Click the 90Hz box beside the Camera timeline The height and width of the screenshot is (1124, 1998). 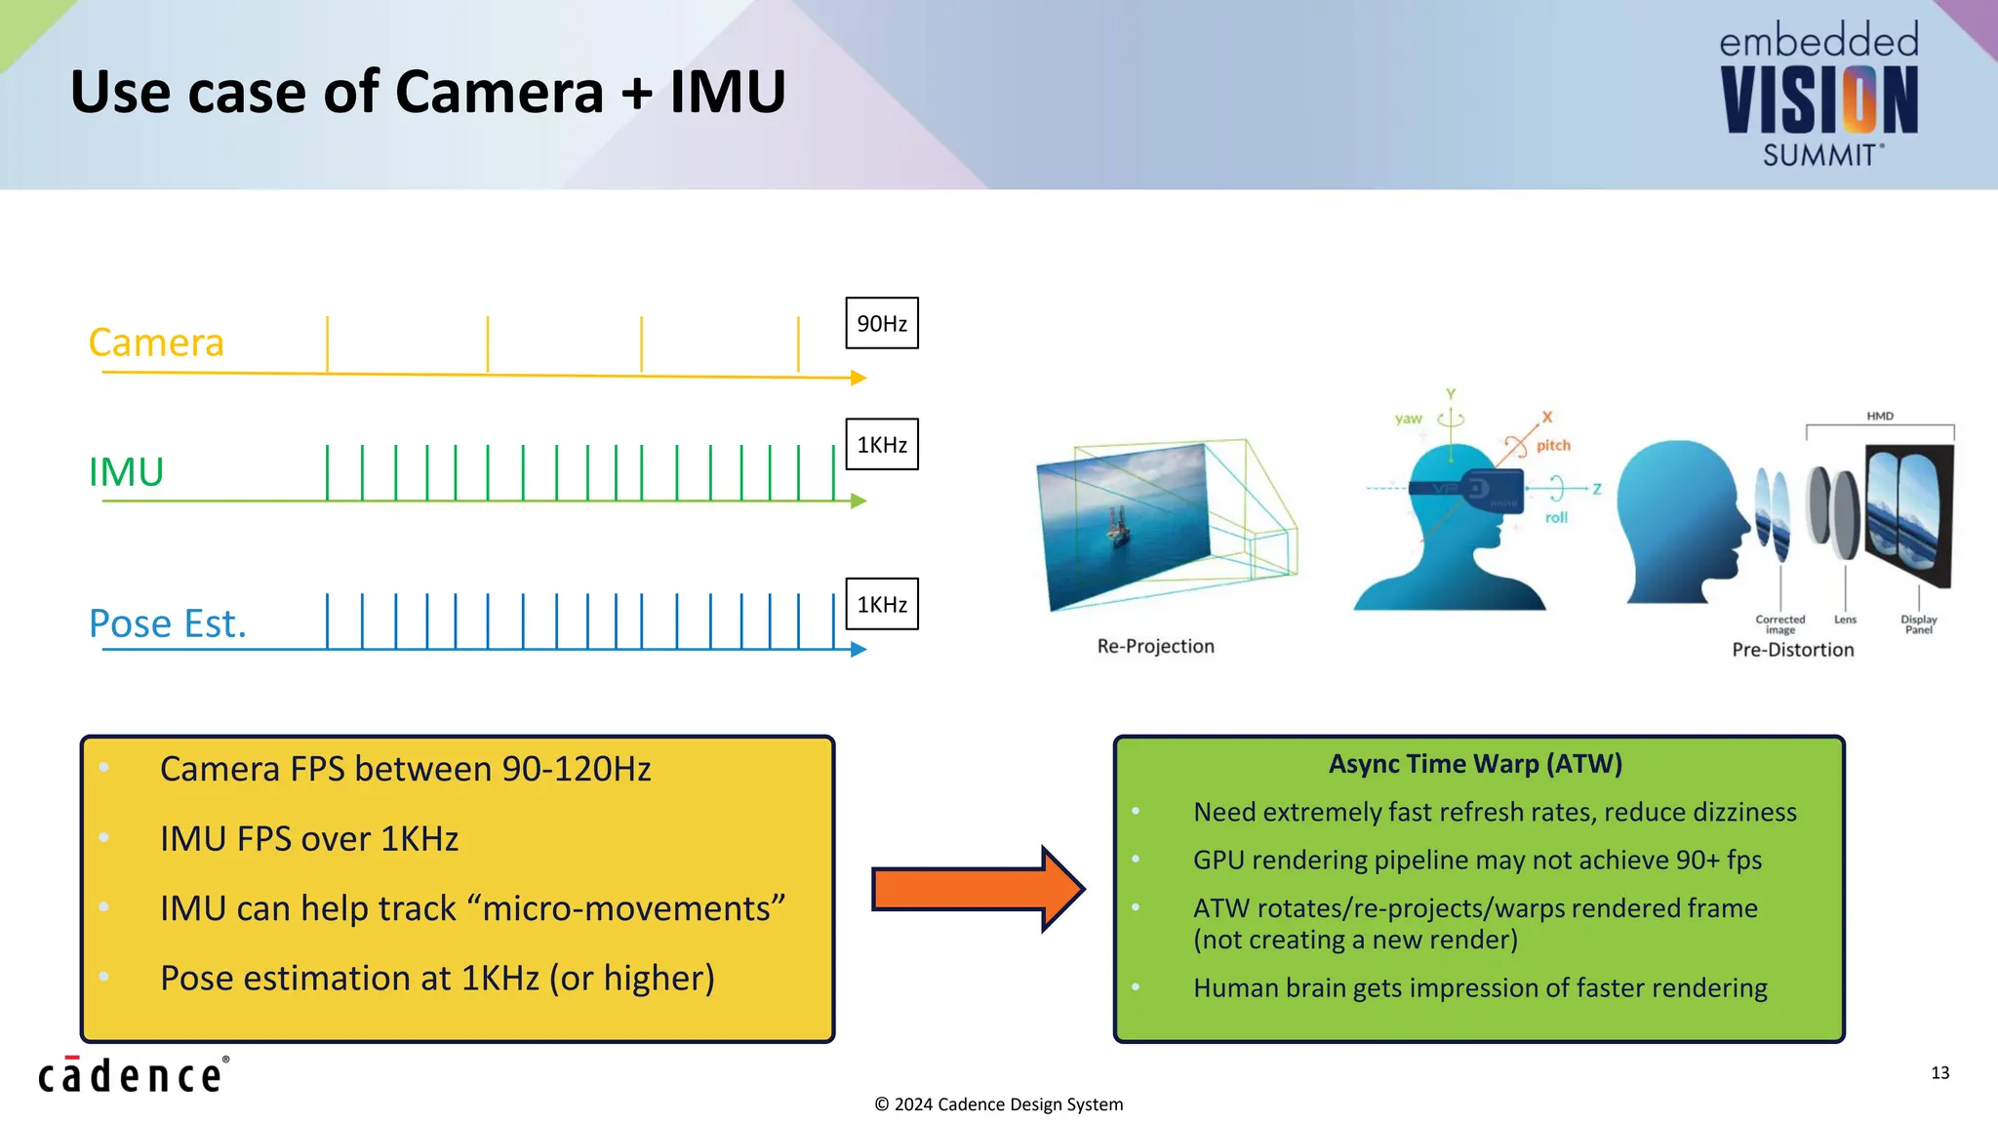click(x=881, y=324)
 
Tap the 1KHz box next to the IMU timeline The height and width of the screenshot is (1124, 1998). click(x=881, y=445)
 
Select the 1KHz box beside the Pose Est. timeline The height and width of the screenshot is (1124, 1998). click(x=881, y=605)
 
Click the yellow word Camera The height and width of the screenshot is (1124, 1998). click(x=156, y=342)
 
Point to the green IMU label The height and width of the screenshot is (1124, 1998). click(x=126, y=472)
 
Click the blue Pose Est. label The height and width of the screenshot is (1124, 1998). click(x=167, y=623)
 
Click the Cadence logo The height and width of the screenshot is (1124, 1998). click(x=133, y=1074)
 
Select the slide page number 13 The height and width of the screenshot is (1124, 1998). click(x=1939, y=1073)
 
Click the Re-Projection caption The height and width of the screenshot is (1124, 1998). click(x=1155, y=646)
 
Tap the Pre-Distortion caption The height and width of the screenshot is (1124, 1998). click(x=1792, y=650)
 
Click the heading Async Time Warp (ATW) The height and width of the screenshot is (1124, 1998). click(x=1475, y=764)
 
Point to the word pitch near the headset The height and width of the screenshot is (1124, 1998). click(x=1553, y=445)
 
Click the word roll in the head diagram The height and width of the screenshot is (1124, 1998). click(x=1556, y=518)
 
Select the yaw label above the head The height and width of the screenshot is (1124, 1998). click(x=1408, y=419)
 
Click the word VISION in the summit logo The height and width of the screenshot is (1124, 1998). click(x=1818, y=100)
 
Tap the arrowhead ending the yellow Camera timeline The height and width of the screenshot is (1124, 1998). click(x=859, y=378)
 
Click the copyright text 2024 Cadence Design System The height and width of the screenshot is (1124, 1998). click(x=999, y=1104)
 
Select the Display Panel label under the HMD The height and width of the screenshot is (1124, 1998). click(x=1918, y=624)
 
